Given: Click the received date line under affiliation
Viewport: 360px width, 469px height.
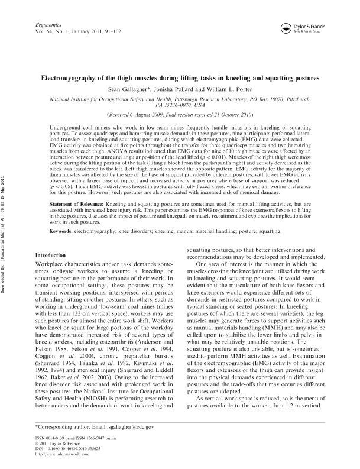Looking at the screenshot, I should [x=180, y=114].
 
